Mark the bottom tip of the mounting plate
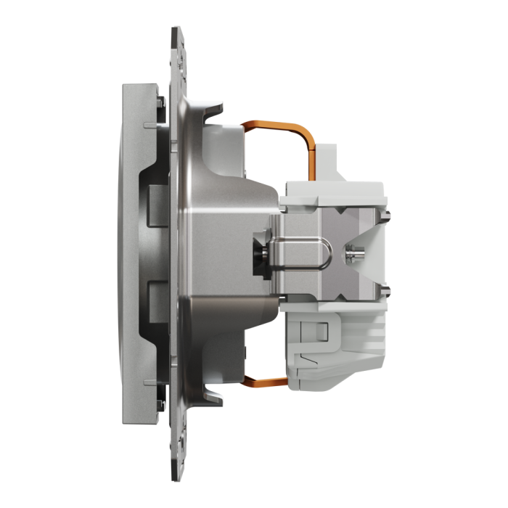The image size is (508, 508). tap(176, 475)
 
